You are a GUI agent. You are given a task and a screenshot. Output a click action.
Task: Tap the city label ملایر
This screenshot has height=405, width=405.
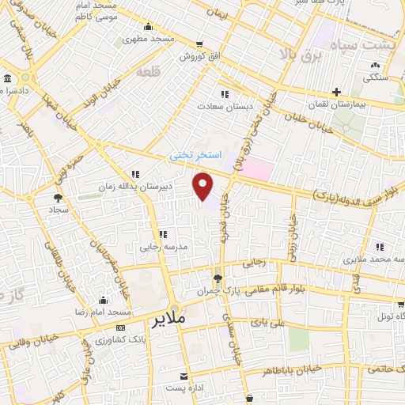168,319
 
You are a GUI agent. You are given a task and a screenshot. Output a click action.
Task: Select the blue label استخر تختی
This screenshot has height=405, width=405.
198,157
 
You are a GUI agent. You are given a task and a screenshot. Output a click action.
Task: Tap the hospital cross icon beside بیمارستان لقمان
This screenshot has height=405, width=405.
337,93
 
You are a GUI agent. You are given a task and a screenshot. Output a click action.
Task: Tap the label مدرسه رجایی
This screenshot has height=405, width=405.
162,247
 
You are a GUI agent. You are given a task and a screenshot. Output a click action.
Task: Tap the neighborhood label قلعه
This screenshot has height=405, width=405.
149,72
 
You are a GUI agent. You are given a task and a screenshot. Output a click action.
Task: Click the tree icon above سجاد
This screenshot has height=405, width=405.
57,198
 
